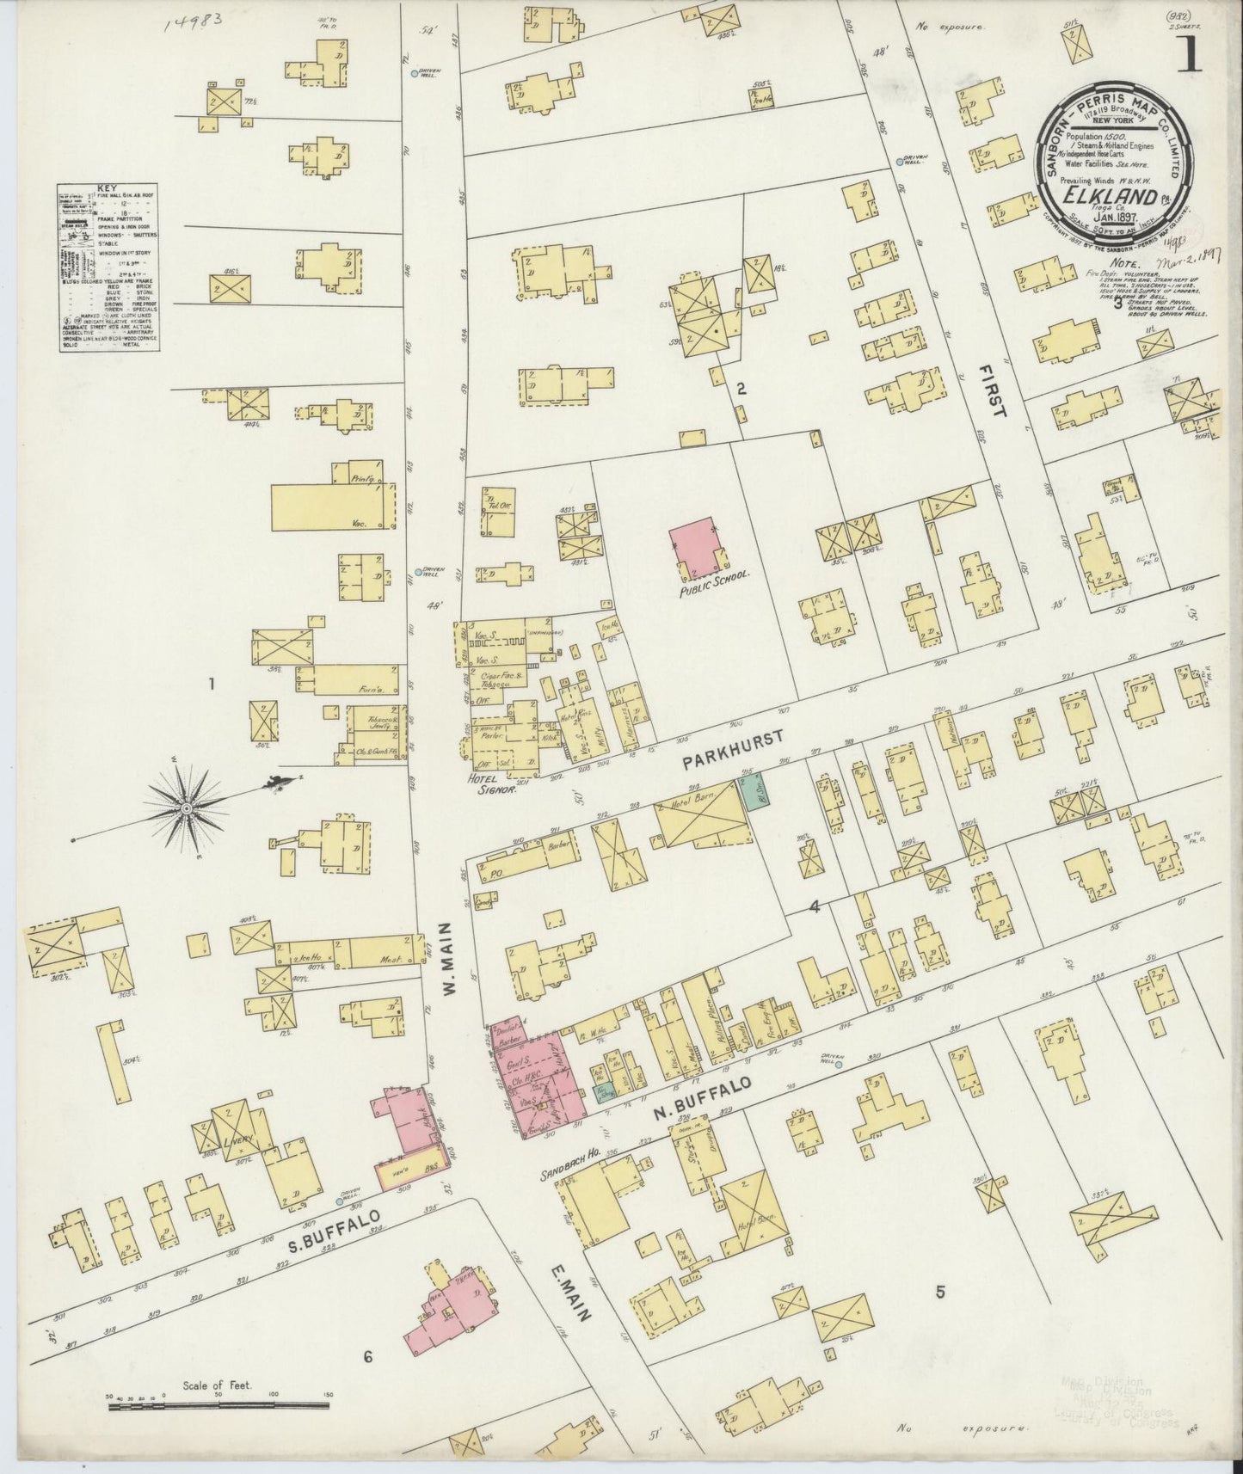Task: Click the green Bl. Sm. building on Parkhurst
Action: pos(757,792)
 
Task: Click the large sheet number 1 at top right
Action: pos(1190,56)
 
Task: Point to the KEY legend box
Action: pos(113,265)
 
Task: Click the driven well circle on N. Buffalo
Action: pos(839,1065)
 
